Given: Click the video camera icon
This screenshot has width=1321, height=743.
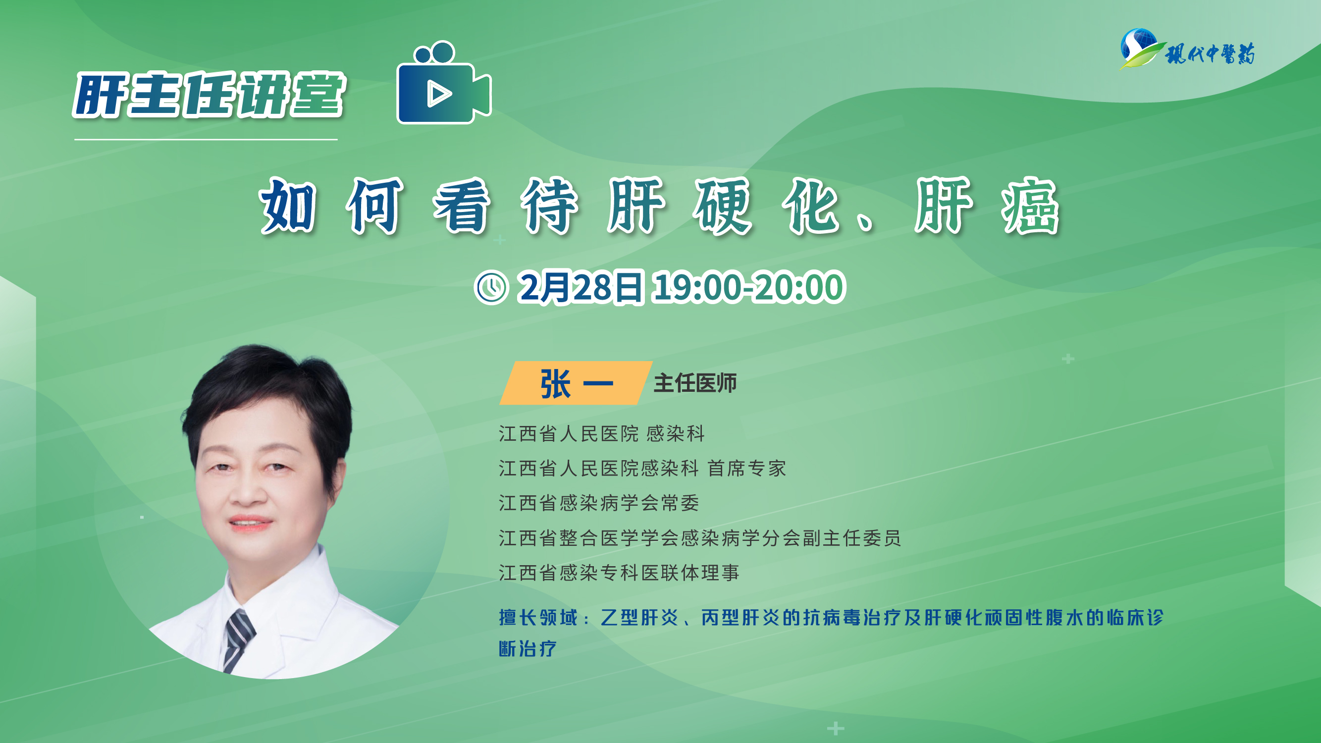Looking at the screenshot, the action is (x=444, y=83).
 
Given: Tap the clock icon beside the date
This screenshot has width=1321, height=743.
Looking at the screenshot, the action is (x=491, y=288).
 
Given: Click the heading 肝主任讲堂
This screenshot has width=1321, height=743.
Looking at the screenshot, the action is (x=209, y=96).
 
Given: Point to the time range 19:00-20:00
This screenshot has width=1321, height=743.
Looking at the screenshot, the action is (x=748, y=287).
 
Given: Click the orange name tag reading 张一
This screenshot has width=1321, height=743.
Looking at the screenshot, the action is (x=576, y=383).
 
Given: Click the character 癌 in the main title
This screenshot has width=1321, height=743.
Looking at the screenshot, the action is (x=1030, y=206).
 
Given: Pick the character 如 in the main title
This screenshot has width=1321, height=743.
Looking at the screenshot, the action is (x=288, y=206).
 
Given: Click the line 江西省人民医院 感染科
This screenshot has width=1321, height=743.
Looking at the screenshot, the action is (x=602, y=434).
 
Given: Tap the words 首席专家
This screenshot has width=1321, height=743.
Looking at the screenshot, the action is (x=746, y=469).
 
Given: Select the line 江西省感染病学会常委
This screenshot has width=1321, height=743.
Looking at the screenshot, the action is (x=599, y=503).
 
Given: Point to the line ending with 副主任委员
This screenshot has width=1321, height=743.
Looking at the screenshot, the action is (x=700, y=538).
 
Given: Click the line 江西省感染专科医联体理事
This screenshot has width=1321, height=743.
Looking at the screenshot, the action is (x=619, y=573).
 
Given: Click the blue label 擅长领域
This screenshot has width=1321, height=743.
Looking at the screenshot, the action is (x=538, y=617).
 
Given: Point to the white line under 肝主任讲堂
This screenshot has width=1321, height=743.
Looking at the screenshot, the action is (x=206, y=140).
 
